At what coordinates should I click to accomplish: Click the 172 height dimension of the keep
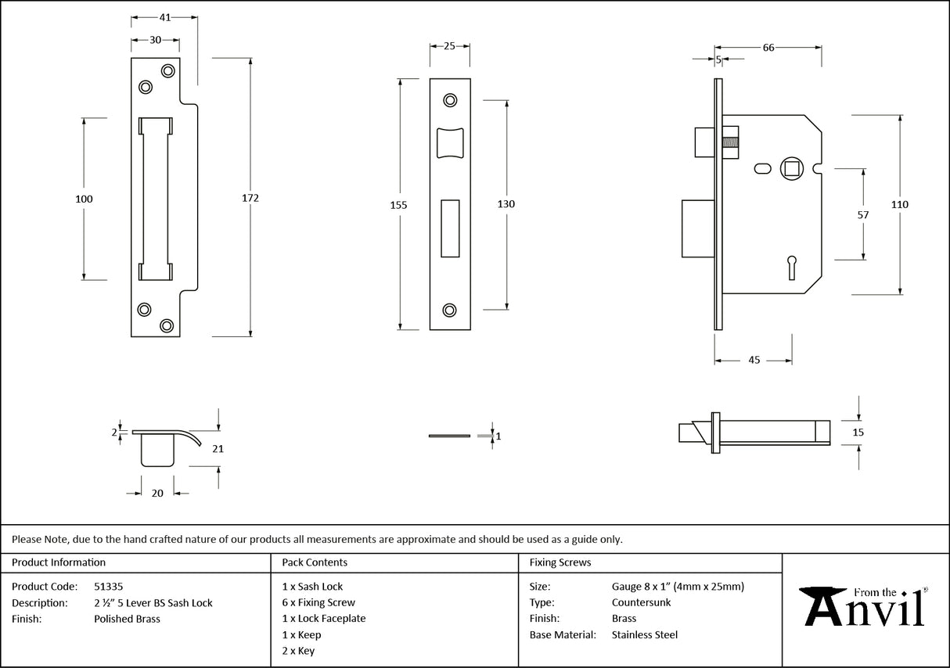tap(250, 198)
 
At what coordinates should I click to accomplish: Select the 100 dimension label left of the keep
tap(84, 199)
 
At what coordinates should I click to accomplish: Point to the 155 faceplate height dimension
tap(398, 205)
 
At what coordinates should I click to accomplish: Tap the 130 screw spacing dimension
tap(506, 204)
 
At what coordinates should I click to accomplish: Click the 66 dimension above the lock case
tap(768, 48)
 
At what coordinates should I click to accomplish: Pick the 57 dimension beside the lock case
tap(864, 214)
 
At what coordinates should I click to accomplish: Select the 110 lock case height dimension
tap(900, 204)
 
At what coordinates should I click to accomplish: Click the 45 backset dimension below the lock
tap(754, 360)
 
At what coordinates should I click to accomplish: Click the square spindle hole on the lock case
tap(791, 168)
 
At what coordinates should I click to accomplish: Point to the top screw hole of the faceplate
tap(450, 100)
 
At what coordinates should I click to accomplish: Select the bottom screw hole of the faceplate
tap(450, 310)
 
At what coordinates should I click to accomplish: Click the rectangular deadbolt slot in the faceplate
tap(450, 228)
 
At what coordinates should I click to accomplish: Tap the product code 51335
tap(108, 586)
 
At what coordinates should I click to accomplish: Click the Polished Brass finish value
tap(127, 619)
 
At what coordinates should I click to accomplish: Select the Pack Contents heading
tap(315, 562)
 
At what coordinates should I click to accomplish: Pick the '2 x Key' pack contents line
tap(298, 651)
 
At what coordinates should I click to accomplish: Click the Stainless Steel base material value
tap(644, 635)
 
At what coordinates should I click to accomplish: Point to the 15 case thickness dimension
tap(858, 432)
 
